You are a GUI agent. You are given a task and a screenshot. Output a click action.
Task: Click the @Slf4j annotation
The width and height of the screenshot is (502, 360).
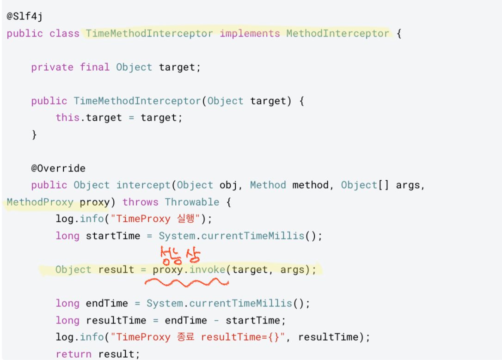click(x=24, y=17)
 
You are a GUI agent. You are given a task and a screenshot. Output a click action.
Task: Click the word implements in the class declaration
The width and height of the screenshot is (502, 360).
click(x=250, y=34)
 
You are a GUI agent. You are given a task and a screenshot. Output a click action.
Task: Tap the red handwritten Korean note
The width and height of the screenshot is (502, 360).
click(x=181, y=255)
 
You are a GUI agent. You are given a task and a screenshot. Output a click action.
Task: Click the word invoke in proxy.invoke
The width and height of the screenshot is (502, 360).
click(x=208, y=269)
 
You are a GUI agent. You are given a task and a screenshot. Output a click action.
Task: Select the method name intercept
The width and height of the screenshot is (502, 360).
click(x=143, y=185)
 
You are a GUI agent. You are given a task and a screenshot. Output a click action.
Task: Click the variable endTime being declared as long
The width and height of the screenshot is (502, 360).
click(x=110, y=303)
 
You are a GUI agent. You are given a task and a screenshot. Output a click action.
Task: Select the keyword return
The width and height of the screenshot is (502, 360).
click(x=73, y=354)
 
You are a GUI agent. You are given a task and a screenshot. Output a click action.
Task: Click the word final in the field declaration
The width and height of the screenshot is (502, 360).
click(x=95, y=67)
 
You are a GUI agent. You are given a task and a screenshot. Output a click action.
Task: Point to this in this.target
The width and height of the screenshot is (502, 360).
click(x=67, y=118)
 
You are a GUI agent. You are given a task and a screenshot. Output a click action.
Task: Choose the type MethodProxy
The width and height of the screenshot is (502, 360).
click(x=40, y=202)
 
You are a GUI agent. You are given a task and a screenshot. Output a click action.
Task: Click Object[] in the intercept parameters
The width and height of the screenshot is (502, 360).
click(x=365, y=185)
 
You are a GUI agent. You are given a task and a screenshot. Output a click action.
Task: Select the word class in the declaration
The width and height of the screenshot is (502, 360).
click(x=64, y=34)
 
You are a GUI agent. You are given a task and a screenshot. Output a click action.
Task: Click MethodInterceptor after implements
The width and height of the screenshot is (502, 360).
click(x=338, y=34)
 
